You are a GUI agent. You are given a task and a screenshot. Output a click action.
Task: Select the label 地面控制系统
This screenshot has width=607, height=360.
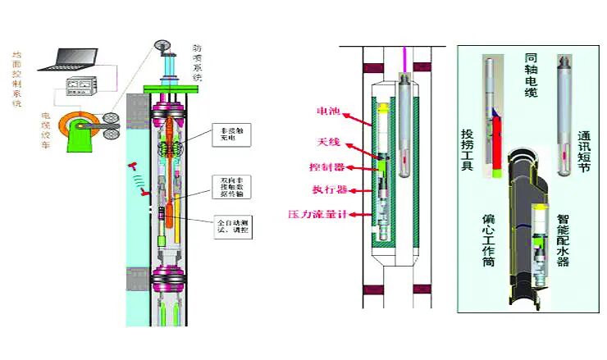point(17,79)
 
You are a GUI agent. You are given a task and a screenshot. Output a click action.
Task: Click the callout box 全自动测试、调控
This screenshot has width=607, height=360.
point(232,226)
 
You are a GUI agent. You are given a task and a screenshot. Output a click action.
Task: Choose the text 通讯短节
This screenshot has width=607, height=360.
point(584,150)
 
